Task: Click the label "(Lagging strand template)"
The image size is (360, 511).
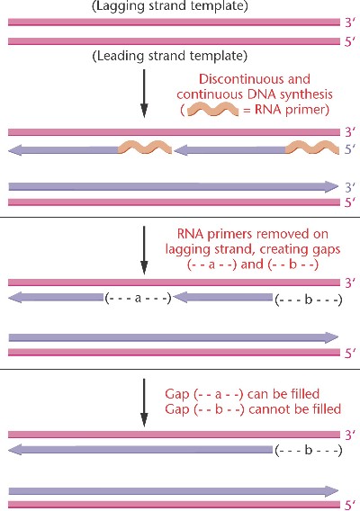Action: click(x=169, y=6)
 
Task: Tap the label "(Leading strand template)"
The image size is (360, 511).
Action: click(x=169, y=56)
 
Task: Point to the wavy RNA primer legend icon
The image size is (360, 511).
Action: click(x=213, y=109)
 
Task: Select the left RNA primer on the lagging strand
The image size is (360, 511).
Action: click(x=145, y=148)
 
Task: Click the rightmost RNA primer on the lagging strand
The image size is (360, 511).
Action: click(x=312, y=148)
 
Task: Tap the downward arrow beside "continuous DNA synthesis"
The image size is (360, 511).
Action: click(x=144, y=94)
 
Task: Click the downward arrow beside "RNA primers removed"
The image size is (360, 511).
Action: click(x=144, y=250)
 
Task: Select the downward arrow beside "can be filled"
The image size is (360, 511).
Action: click(x=144, y=402)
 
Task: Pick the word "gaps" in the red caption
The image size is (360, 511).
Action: click(x=325, y=250)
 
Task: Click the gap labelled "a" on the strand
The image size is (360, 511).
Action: click(x=138, y=298)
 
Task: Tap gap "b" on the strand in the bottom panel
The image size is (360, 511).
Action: click(x=309, y=451)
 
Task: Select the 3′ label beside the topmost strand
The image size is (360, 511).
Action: click(x=350, y=22)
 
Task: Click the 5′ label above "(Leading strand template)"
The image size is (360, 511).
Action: click(x=350, y=42)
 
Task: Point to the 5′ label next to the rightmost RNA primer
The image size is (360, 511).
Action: click(x=350, y=149)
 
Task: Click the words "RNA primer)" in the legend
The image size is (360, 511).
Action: click(x=292, y=110)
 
